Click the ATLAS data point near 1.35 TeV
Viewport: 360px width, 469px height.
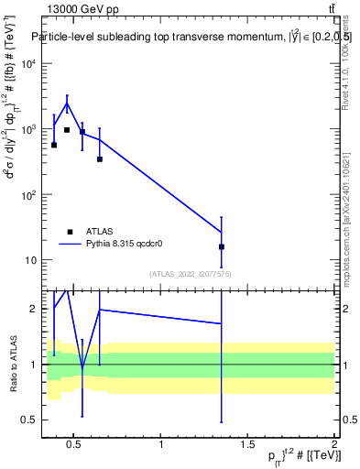[222, 246]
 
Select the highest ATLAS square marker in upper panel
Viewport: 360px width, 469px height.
[67, 130]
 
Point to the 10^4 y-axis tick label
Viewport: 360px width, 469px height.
[30, 64]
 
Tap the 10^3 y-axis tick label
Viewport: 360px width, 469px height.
[30, 129]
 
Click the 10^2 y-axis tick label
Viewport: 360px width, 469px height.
[30, 195]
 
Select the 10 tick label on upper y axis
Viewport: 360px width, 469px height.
[32, 260]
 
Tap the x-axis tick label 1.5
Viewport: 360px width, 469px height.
[248, 444]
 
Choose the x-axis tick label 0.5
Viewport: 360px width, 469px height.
[74, 444]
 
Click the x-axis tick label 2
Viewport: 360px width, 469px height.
[334, 444]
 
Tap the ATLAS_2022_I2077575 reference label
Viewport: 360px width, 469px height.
[190, 273]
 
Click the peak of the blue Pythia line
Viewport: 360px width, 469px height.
[67, 103]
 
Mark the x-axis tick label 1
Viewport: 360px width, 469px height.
[161, 444]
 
